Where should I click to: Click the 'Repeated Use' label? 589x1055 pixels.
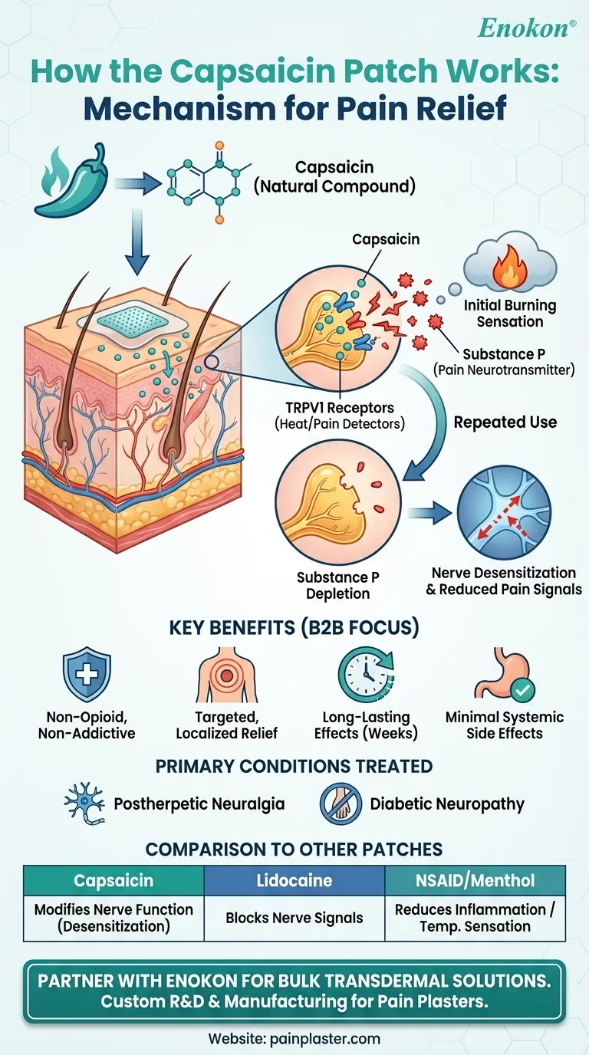[505, 422]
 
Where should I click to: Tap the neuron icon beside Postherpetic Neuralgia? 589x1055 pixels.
[85, 805]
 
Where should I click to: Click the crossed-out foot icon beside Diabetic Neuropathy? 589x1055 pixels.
[341, 805]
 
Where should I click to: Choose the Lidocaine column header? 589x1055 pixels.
[294, 880]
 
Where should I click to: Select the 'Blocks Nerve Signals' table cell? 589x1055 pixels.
[294, 918]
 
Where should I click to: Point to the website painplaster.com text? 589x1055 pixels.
[294, 1039]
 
